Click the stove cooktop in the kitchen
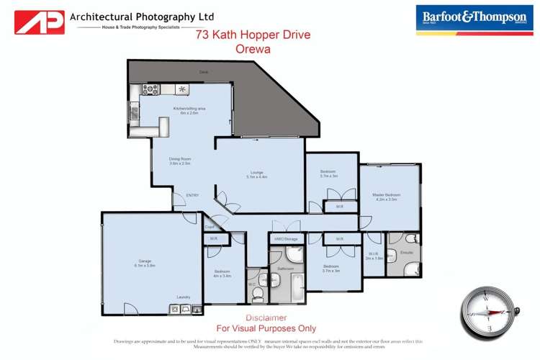pos(151,89)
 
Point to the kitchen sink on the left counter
pos(133,112)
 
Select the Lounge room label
pos(257,173)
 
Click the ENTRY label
pos(192,195)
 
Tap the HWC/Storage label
pos(286,238)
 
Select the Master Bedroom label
pos(386,194)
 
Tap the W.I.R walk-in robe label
pos(374,253)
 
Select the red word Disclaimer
pos(266,318)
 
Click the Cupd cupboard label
pos(209,227)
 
